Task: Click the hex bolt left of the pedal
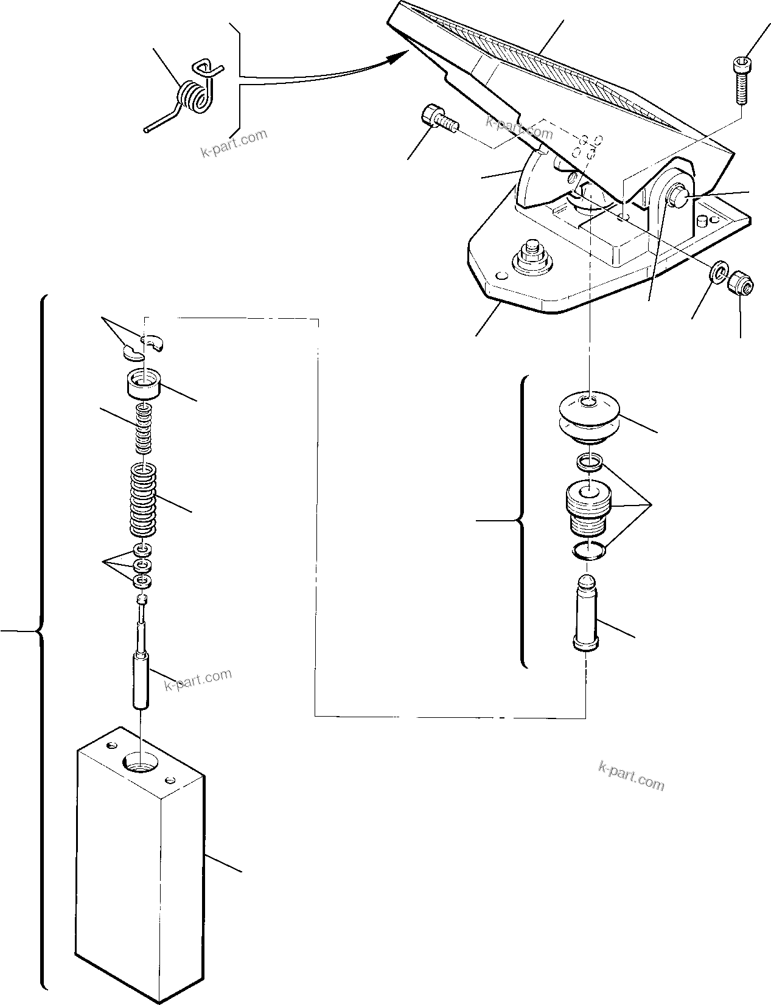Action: (438, 119)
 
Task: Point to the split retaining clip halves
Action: (144, 346)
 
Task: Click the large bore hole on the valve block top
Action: (141, 761)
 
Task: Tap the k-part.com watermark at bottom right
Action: (631, 776)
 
